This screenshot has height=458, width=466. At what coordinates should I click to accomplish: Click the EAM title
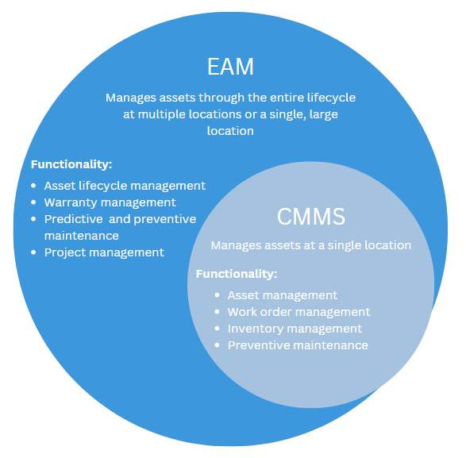pos(230,66)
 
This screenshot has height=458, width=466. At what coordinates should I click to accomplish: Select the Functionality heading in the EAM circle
pos(71,165)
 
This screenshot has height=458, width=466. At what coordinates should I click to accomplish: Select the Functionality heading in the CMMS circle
pos(237,274)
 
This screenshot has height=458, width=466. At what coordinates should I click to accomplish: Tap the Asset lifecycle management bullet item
pos(125,186)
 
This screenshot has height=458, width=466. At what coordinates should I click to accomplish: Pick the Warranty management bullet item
pos(110,202)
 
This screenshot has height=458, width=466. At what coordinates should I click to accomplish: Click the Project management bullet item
pos(104,252)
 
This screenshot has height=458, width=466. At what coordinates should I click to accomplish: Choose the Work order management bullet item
pos(298,312)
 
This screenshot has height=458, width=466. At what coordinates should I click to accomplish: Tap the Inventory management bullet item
pos(295,329)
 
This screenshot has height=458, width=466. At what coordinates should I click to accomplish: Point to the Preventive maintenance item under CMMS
pos(298,345)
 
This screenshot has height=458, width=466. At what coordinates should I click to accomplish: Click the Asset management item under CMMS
pos(283,295)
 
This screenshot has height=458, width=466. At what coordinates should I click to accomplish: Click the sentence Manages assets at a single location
pos(310,245)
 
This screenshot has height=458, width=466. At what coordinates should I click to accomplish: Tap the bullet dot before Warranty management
pos(33,203)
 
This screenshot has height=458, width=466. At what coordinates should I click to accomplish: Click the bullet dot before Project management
pos(33,253)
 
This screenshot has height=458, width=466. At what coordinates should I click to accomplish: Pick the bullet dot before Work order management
pos(217,313)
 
